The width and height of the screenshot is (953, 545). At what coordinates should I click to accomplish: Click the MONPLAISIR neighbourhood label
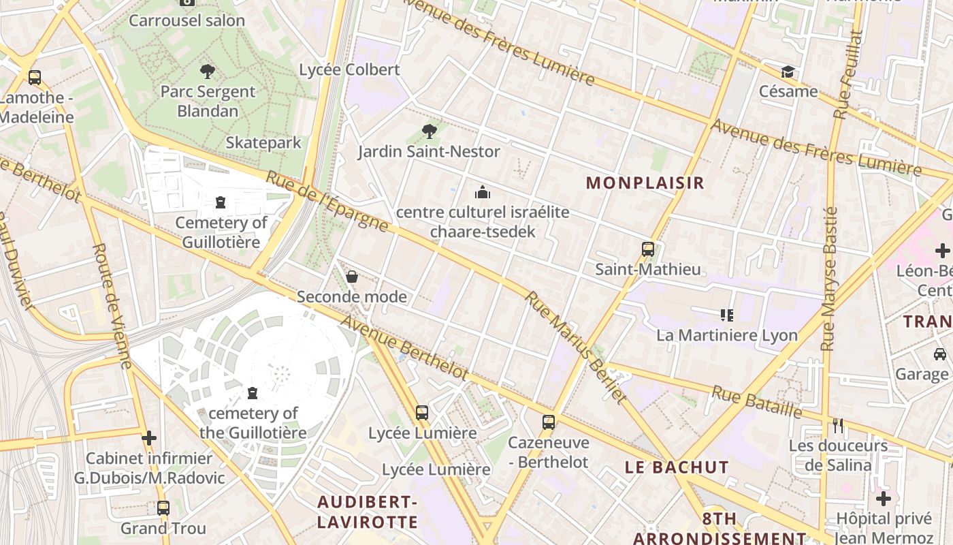(x=645, y=183)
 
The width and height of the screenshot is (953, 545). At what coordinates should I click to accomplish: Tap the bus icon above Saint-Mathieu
(x=648, y=249)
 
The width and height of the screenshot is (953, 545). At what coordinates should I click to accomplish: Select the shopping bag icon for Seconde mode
(x=352, y=277)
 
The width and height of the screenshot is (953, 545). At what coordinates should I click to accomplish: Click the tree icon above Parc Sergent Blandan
(x=208, y=71)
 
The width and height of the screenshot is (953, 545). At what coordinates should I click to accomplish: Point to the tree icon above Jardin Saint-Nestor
(x=429, y=131)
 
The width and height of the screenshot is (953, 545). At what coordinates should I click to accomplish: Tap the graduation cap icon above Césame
(x=788, y=72)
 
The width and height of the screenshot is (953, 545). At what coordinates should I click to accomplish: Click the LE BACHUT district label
(x=677, y=467)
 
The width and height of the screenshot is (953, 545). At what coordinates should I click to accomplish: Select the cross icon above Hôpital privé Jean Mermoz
(x=883, y=499)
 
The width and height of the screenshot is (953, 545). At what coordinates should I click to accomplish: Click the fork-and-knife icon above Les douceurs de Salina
(x=838, y=426)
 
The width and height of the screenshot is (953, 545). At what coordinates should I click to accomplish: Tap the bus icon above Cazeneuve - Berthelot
(x=549, y=422)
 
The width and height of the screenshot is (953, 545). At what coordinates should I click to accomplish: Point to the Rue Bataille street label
(x=757, y=401)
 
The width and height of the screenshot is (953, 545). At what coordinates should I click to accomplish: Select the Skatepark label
(x=263, y=142)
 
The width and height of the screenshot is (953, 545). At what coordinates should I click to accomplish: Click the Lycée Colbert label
(x=349, y=69)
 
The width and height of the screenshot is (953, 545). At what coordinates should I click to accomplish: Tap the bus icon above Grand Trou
(x=163, y=508)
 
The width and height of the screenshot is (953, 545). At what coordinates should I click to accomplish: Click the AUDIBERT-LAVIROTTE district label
(x=368, y=512)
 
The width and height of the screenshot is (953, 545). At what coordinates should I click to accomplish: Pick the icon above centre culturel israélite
(x=483, y=193)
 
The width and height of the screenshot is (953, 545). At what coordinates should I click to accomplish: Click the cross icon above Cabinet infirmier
(x=149, y=438)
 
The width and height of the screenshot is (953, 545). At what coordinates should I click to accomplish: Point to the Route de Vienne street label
(x=112, y=307)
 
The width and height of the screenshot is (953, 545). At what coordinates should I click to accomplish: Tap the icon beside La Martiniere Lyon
(x=726, y=315)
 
